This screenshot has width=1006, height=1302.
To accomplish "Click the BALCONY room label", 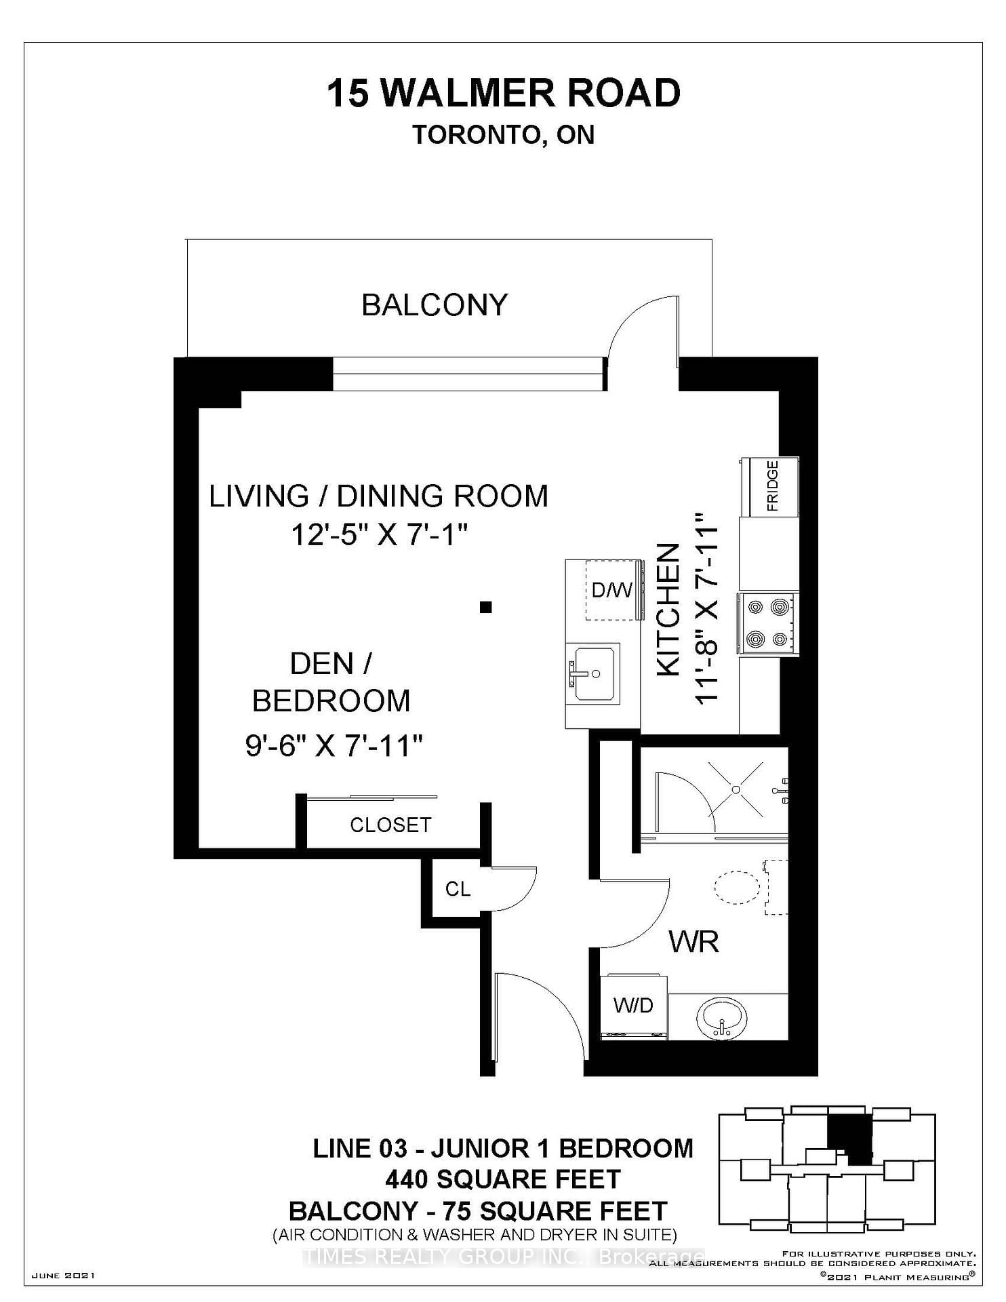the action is [435, 305].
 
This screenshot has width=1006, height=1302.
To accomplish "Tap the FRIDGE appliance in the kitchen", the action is [769, 486].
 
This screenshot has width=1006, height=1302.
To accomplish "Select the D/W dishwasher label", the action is [611, 590].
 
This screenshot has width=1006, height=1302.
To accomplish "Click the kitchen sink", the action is [594, 673].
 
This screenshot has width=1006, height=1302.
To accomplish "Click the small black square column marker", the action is [485, 608].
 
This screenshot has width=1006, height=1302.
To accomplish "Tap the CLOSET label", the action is [390, 825].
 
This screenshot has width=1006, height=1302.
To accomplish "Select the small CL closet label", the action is [458, 889].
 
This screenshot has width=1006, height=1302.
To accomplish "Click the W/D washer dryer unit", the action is [634, 1007].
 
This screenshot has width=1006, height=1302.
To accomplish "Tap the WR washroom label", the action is [693, 942].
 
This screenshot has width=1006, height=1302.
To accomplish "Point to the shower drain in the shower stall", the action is [736, 789].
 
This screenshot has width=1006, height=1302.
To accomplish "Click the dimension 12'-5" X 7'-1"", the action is [380, 536].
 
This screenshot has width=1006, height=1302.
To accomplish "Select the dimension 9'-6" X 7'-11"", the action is [334, 747].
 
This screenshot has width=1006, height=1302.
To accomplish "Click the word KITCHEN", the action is [669, 610].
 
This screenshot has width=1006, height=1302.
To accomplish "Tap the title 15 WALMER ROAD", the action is [504, 94].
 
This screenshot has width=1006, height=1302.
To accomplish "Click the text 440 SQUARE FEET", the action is [503, 1179].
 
